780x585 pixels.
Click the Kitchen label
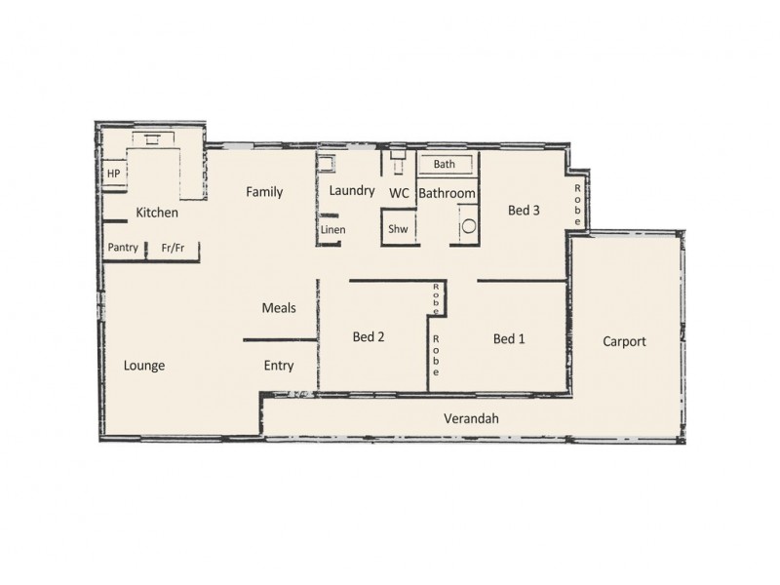156,213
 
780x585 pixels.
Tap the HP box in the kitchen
114,174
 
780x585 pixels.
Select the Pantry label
123,248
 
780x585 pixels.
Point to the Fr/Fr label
173,248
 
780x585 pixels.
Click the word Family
264,192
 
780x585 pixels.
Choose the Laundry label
352,190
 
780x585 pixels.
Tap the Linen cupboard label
332,230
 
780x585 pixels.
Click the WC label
399,193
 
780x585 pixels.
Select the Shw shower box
398,229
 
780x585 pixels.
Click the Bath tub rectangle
446,165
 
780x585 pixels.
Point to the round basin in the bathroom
469,226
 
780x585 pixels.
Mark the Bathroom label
448,193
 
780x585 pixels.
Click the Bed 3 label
524,209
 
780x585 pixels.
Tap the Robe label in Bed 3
577,205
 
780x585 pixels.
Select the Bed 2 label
368,337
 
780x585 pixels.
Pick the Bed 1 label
509,339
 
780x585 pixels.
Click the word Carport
624,341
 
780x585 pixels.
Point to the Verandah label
472,418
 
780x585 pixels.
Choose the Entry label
279,366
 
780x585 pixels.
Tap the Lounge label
144,367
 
